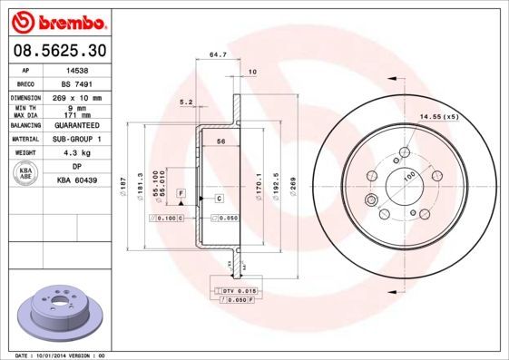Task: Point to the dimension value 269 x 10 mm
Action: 79,96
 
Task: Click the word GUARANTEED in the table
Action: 79,126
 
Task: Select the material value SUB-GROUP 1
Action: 79,139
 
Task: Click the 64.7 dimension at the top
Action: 218,55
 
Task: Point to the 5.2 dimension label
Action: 187,102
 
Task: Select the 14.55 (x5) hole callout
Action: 438,116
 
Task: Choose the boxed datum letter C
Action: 219,198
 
